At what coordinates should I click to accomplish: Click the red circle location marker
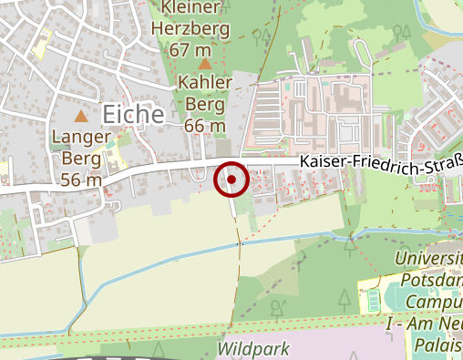[x=231, y=180]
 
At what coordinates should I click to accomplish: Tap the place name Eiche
[x=133, y=114]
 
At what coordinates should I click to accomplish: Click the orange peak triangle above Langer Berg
[x=81, y=116]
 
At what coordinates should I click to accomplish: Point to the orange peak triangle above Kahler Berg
[x=205, y=64]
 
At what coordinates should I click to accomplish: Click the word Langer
[x=81, y=138]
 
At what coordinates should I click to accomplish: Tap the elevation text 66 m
[x=204, y=124]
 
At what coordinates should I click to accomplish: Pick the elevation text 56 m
[x=81, y=180]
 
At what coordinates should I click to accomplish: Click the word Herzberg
[x=204, y=27]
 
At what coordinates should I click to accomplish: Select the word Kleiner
[x=192, y=8]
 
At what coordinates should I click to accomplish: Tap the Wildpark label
[x=253, y=349]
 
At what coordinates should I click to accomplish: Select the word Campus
[x=435, y=300]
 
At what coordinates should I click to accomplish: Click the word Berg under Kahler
[x=204, y=104]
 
